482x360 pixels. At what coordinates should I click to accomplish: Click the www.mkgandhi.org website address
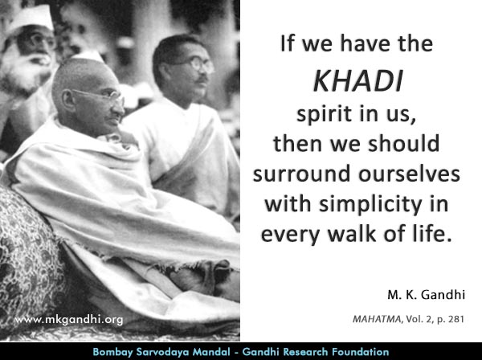[x=69, y=320]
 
